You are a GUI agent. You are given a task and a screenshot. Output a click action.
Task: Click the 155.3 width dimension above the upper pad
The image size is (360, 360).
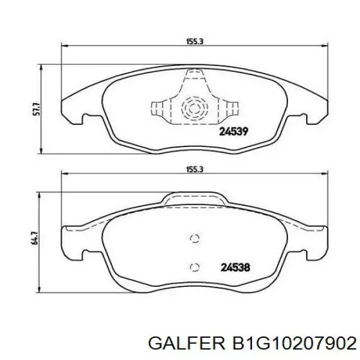pyautogui.click(x=192, y=42)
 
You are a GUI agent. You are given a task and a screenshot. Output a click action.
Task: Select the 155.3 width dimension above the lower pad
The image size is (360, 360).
pyautogui.click(x=192, y=170)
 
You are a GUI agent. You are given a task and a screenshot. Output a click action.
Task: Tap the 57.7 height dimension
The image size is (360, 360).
pyautogui.click(x=35, y=109)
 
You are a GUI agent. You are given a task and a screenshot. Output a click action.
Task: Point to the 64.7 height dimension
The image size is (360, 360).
pyautogui.click(x=35, y=238)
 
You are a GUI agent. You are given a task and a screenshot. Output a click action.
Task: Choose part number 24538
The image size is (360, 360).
pyautogui.click(x=235, y=268)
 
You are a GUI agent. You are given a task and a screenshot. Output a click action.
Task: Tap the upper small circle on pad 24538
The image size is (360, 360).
pyautogui.click(x=194, y=238)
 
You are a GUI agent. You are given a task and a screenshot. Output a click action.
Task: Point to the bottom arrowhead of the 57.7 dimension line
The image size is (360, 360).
pyautogui.click(x=41, y=151)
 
